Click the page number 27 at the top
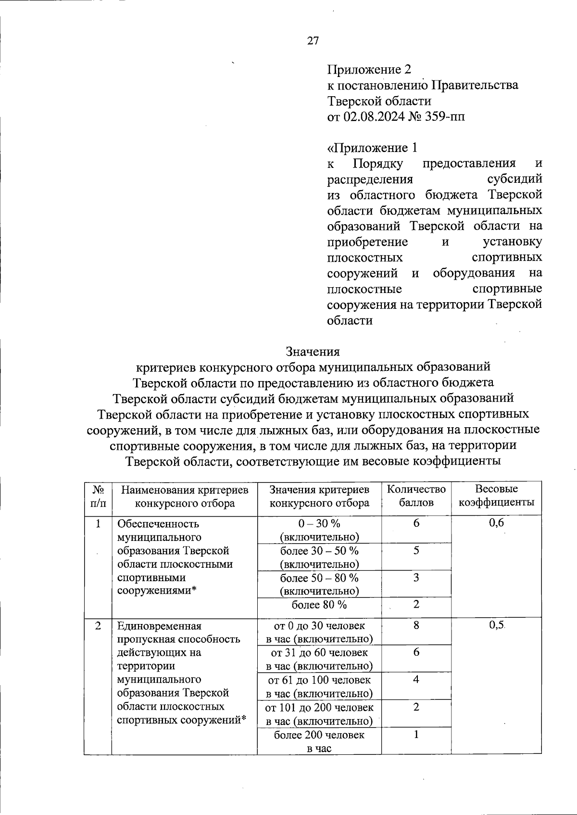click(313, 41)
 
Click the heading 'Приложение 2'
click(369, 70)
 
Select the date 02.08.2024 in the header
click(374, 116)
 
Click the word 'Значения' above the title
click(313, 351)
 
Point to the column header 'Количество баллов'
click(416, 496)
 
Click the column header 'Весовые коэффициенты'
click(496, 496)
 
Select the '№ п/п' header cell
click(98, 496)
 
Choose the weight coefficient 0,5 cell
click(496, 625)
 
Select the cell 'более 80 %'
click(319, 605)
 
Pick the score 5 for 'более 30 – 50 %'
click(416, 550)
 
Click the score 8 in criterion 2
click(416, 625)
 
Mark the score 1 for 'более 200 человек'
click(416, 735)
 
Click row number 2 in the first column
click(98, 626)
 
